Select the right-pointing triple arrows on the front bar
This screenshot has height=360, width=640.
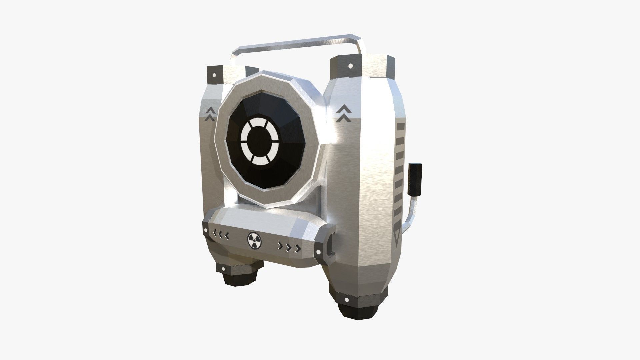[289, 247]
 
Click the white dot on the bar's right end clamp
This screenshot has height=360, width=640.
[318, 252]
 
